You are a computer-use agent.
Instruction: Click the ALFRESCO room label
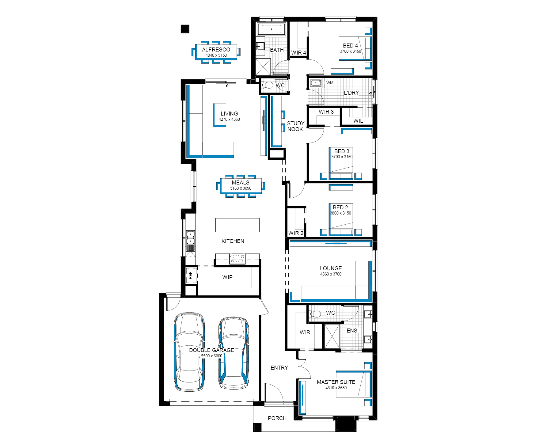pos(216,49)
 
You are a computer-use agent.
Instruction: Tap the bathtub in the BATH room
pos(272,29)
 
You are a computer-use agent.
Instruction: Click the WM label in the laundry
pos(330,83)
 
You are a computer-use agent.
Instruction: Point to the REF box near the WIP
pos(191,276)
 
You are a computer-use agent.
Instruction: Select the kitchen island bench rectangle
pos(237,225)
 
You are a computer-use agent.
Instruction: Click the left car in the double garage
pos(189,352)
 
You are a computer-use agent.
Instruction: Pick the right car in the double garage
pos(234,353)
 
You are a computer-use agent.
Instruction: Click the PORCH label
pos(277,418)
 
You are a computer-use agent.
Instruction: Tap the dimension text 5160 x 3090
pos(241,188)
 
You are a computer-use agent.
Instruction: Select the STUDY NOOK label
pos(295,126)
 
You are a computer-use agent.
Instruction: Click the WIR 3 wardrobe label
pos(326,112)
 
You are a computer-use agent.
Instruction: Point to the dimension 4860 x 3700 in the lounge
pos(331,274)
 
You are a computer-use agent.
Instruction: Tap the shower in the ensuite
pos(332,336)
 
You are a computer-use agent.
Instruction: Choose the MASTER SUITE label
pos(336,382)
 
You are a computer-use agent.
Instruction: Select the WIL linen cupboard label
pos(358,121)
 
